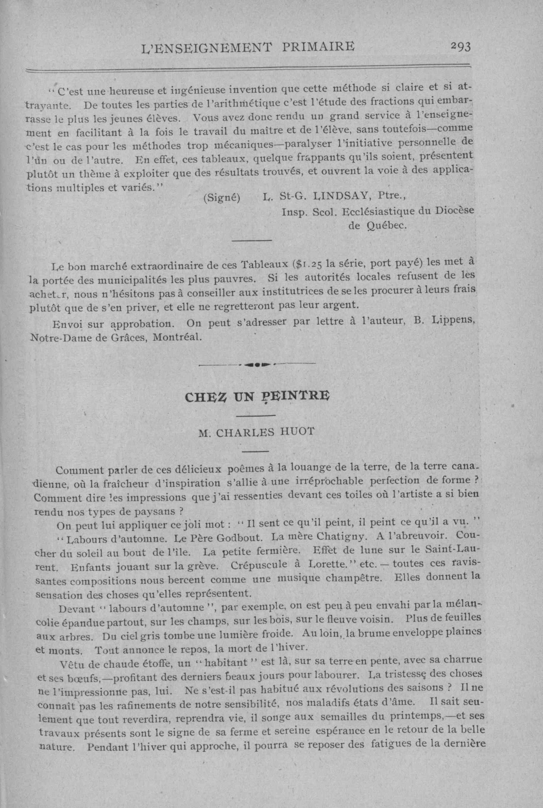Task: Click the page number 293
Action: coord(461,46)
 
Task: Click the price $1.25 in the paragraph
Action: coord(308,265)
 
